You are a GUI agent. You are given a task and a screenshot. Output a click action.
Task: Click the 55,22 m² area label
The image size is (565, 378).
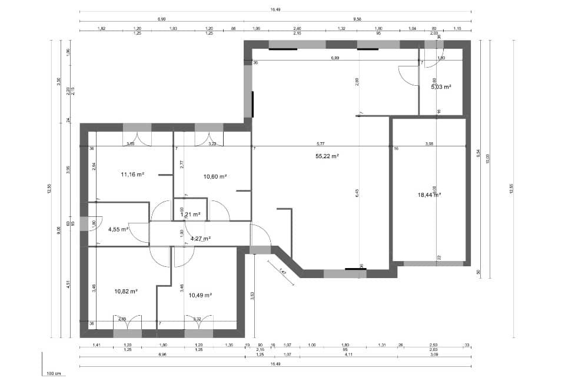[327, 156]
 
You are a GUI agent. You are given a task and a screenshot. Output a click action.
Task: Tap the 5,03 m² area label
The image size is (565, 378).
[441, 86]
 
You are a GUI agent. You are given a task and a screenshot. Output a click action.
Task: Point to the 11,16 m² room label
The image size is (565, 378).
[132, 174]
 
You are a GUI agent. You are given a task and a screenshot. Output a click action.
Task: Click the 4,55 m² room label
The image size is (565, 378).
[117, 229]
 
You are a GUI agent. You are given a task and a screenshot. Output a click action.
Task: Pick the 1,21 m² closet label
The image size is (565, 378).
[190, 215]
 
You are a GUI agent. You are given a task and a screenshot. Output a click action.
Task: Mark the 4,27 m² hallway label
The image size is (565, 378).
[200, 239]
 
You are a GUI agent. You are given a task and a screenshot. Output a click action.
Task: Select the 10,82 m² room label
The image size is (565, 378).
[125, 290]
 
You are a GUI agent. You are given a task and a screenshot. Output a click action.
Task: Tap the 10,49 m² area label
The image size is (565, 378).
[200, 295]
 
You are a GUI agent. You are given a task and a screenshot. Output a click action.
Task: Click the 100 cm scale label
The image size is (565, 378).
[54, 373]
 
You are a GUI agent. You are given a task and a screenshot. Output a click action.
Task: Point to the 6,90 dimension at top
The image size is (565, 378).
[161, 19]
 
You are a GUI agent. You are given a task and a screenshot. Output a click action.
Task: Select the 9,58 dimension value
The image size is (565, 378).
[357, 19]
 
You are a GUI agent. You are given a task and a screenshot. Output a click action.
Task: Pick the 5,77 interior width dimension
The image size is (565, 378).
[320, 143]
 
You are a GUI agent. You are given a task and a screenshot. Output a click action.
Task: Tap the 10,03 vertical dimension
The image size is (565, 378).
[487, 155]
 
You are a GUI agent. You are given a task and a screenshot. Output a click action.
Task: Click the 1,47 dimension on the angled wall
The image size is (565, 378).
[282, 272]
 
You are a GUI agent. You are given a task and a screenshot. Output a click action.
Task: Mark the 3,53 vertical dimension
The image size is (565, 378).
[252, 296]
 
